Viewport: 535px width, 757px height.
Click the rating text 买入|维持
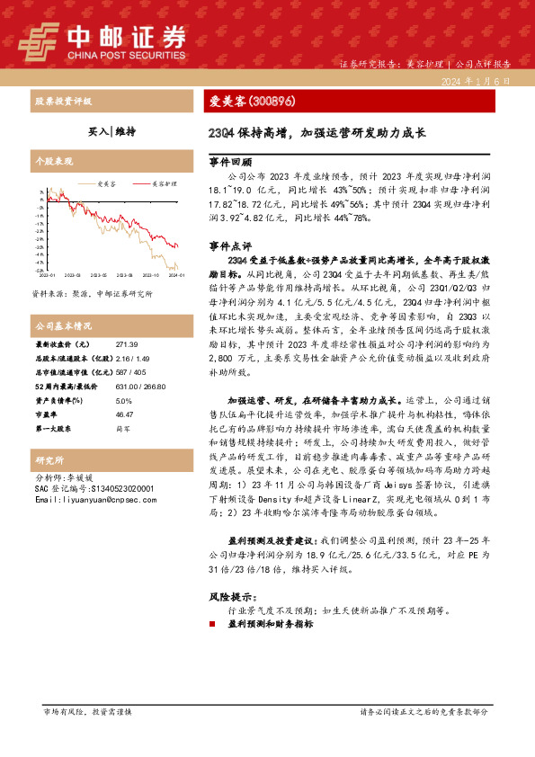click(111, 131)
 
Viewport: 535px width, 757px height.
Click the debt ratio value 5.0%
click(124, 401)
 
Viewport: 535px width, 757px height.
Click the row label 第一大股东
click(55, 428)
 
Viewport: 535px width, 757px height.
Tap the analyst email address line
click(93, 499)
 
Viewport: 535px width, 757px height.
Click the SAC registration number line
click(94, 488)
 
